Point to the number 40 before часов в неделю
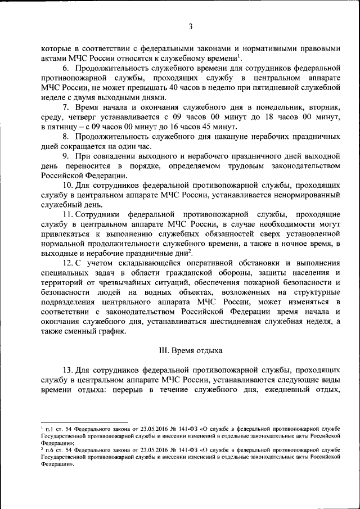pyautogui.click(x=177, y=88)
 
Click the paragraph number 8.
pyautogui.click(x=66, y=137)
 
